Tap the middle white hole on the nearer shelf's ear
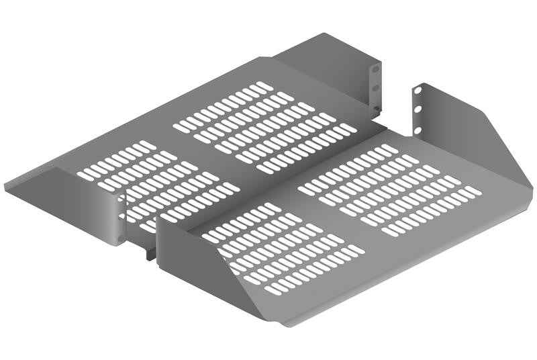point(418,107)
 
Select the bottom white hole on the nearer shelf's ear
point(418,125)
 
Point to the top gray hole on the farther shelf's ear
point(375,69)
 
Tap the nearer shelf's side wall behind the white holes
point(463,128)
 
